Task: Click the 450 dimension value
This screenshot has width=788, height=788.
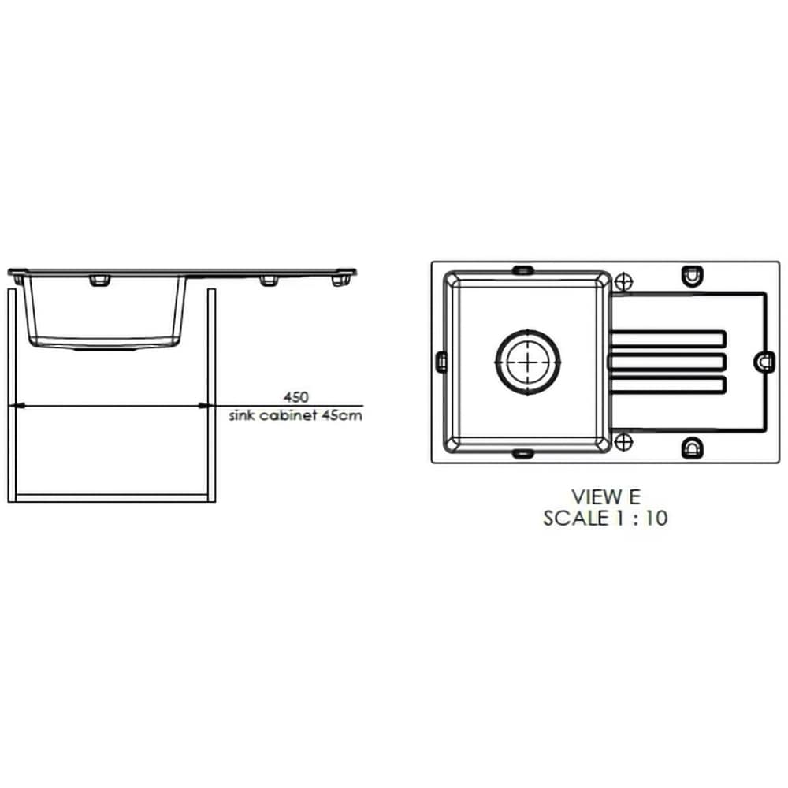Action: click(295, 397)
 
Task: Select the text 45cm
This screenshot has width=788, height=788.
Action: click(341, 415)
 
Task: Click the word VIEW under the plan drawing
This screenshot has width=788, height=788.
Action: click(597, 497)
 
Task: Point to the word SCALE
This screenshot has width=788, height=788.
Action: click(576, 519)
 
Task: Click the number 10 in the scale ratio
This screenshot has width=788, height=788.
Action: click(656, 519)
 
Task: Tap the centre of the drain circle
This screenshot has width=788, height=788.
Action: click(528, 362)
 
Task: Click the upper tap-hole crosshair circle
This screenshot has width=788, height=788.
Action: click(623, 281)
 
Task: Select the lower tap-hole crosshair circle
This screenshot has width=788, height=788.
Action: click(623, 442)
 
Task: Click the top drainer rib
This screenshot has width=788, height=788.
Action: click(667, 339)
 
